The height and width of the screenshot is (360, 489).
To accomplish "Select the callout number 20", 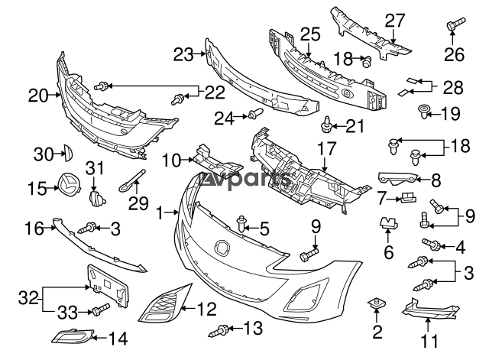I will click(x=37, y=96).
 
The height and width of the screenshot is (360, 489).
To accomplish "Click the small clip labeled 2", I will click(x=376, y=305).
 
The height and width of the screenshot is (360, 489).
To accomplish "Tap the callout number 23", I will click(x=183, y=54).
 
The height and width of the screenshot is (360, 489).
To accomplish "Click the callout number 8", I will click(x=436, y=180).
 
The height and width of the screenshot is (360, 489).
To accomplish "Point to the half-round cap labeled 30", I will click(x=65, y=154).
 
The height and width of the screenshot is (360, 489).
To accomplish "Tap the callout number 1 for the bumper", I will click(x=160, y=213).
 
